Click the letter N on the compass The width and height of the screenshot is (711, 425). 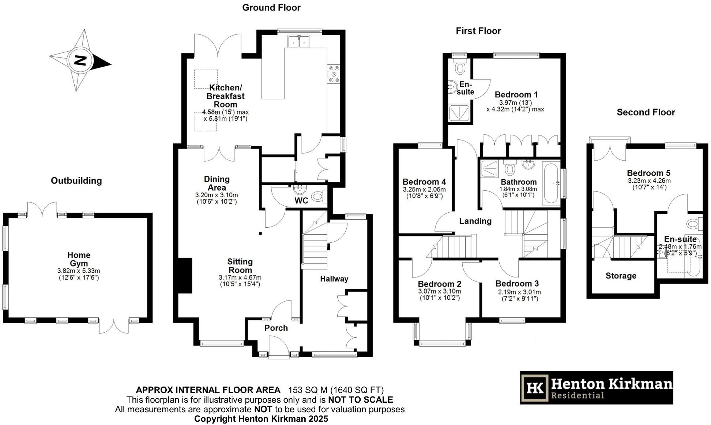tap(80, 60)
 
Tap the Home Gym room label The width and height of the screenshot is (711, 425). tap(79, 259)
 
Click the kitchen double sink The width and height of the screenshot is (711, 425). tap(299, 41)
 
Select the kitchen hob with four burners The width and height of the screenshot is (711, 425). tap(334, 74)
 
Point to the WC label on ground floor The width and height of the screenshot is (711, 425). tap(301, 201)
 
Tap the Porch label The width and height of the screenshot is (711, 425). tap(276, 328)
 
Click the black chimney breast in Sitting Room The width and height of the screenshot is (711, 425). tap(185, 276)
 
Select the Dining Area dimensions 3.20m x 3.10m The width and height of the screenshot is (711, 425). tap(217, 195)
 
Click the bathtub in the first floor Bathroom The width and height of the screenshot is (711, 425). tap(551, 183)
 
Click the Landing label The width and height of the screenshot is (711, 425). tap(475, 221)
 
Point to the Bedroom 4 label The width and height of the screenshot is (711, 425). tap(424, 182)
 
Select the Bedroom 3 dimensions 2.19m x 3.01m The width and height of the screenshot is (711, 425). tap(519, 292)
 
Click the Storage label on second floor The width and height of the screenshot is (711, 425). tap(621, 276)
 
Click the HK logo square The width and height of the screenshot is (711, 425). tap(535, 387)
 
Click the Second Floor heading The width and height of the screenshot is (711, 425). tap(646, 112)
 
